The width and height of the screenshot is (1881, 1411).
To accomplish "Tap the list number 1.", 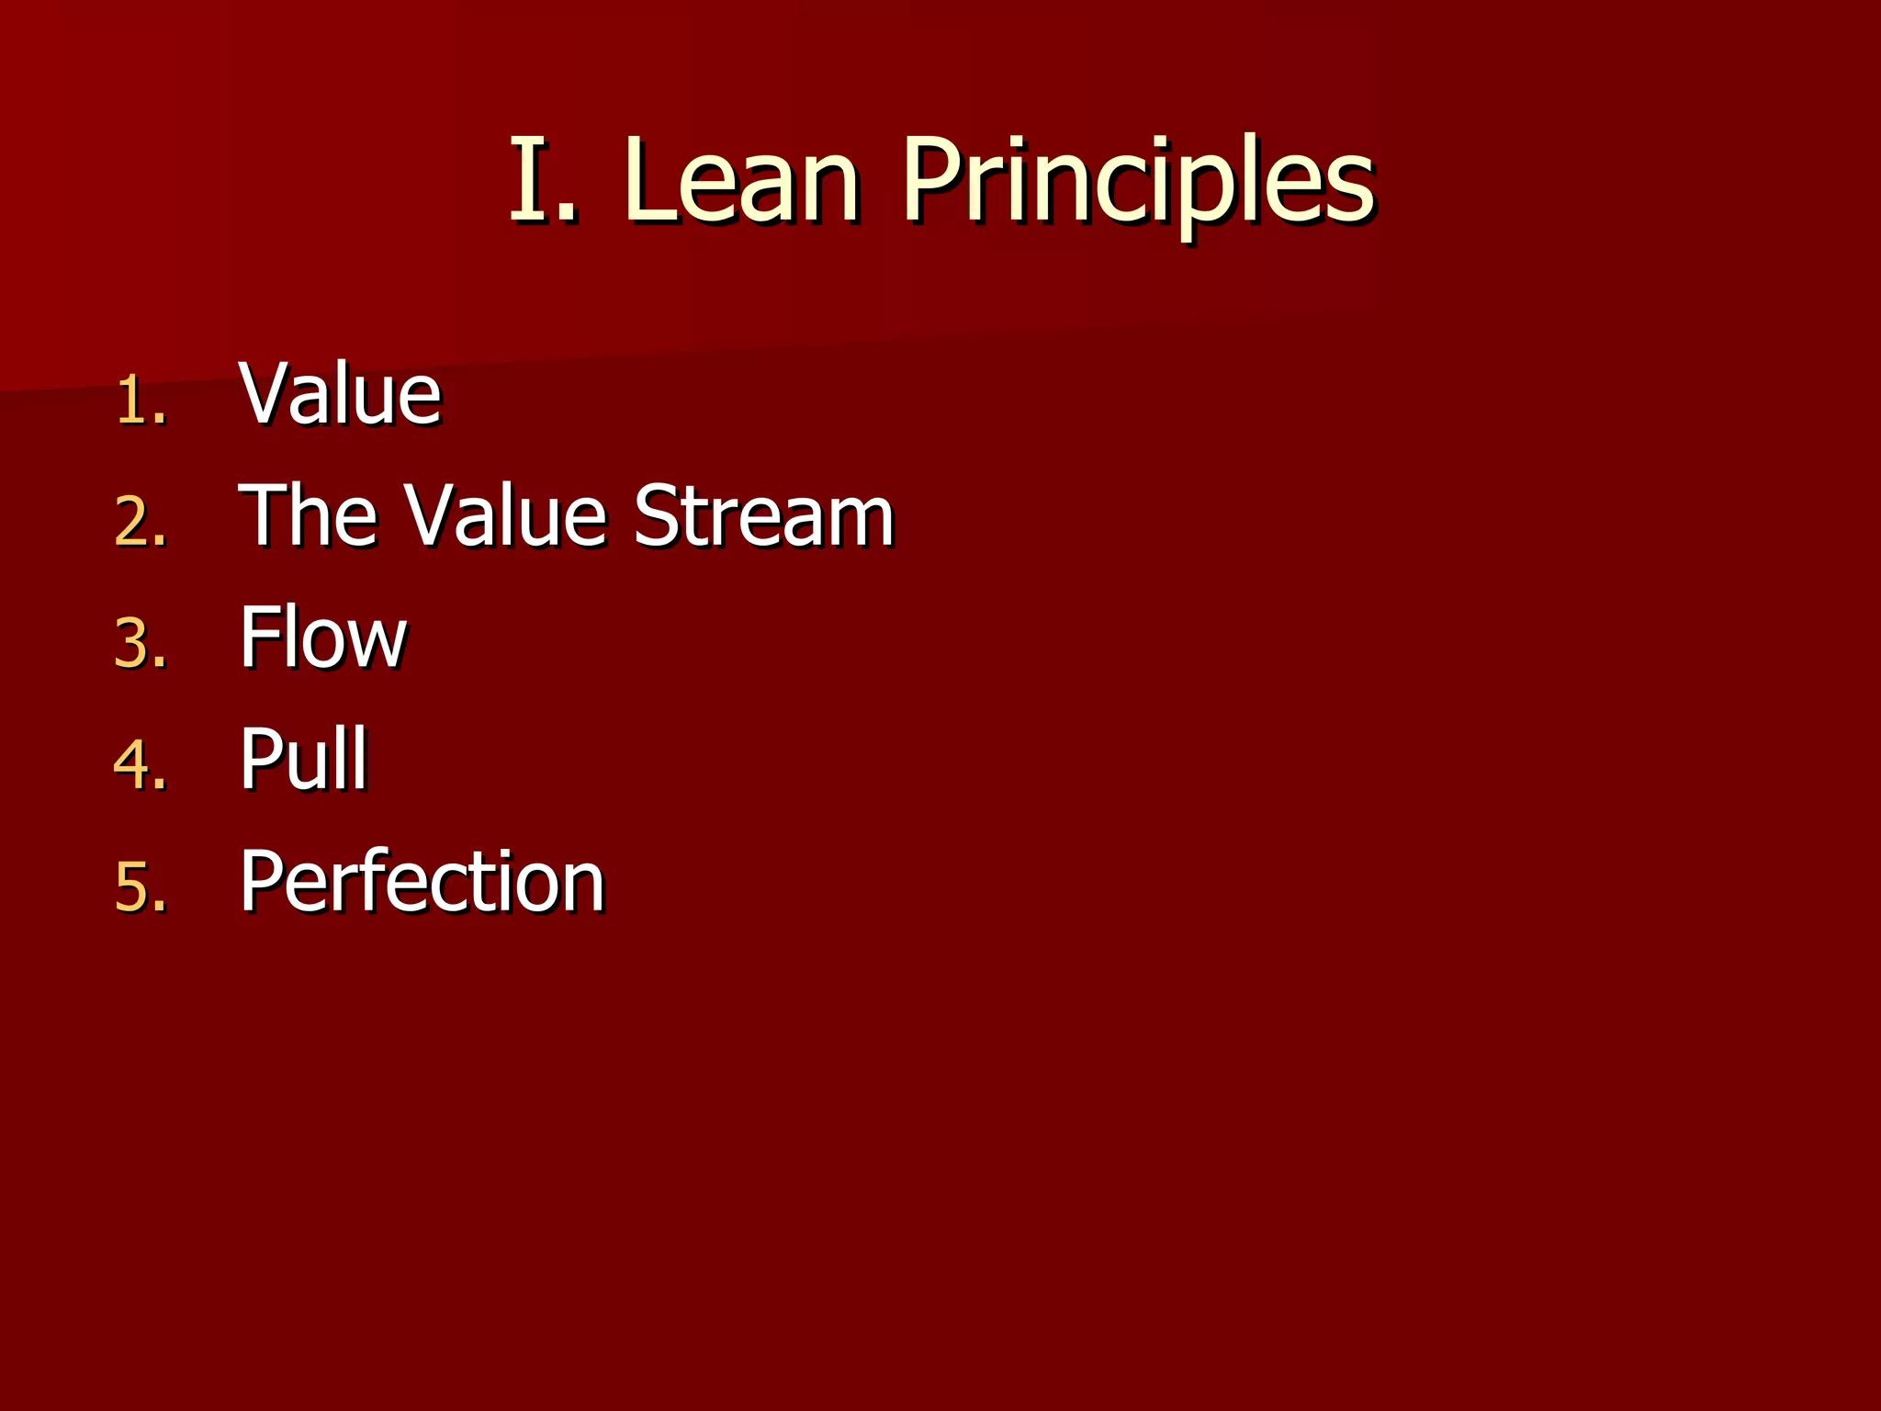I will click(x=141, y=401).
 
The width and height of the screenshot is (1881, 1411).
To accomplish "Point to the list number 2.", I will click(x=141, y=523).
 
